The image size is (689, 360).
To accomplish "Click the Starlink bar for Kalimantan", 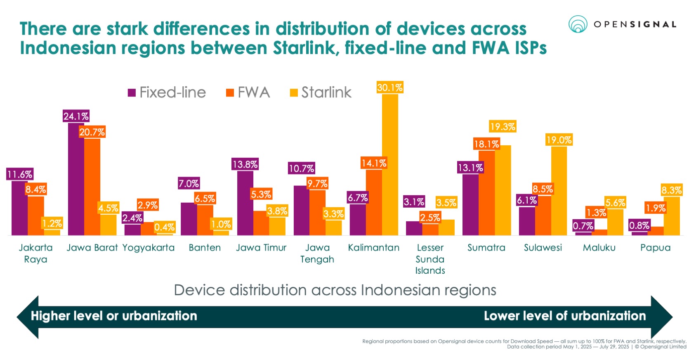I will coord(390,165).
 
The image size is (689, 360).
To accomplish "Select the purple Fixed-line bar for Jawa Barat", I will coord(76,180).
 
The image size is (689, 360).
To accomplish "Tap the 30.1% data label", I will coord(389,88).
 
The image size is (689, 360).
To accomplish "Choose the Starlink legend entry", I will coord(321,92).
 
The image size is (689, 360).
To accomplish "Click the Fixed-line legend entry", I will coord(167,92).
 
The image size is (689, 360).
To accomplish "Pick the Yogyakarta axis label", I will coord(149,248).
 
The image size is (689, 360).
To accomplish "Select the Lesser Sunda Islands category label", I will coord(430,259).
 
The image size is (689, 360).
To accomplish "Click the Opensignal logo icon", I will coord(578,24).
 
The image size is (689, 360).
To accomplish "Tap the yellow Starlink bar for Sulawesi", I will coord(559,191).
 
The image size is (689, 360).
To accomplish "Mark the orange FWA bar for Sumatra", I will coord(486,193).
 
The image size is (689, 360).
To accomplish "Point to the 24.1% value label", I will coord(76,116).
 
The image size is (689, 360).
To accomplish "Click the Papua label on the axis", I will coord(655,248).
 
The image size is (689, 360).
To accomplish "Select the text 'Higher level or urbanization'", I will coord(114,316).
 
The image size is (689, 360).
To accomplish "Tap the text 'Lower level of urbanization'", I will coord(565,316).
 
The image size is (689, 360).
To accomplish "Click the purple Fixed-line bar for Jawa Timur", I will coord(245,203).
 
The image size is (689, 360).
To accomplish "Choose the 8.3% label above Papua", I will coord(671,190).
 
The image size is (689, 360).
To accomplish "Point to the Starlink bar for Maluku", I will coord(615,222).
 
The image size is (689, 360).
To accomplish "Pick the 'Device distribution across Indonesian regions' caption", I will coord(335,290).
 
